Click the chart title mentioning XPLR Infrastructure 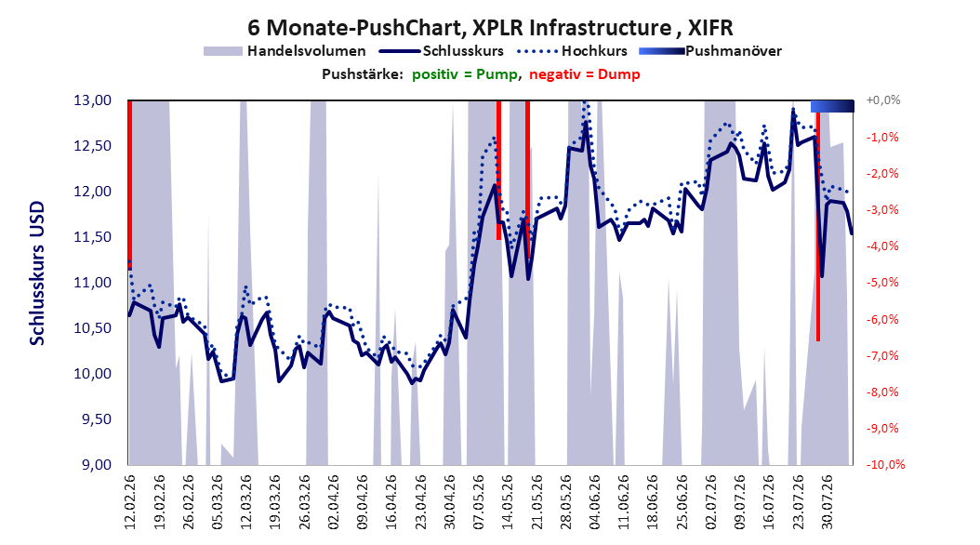[x=490, y=28]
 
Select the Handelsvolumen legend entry [x=285, y=51]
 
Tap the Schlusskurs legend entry [x=442, y=51]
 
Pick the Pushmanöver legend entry [x=710, y=51]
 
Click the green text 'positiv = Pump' [x=464, y=74]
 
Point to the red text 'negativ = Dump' [x=585, y=74]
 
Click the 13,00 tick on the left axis [x=92, y=100]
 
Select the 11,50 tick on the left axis [x=92, y=237]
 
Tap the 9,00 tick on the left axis [x=97, y=464]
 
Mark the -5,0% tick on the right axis [x=882, y=283]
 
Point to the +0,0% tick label [x=883, y=100]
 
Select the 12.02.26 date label [x=130, y=502]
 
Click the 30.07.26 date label [x=828, y=502]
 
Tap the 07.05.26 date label [x=479, y=502]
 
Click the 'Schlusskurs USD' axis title [x=37, y=272]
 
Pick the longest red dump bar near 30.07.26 [x=818, y=226]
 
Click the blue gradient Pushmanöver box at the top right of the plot [x=832, y=106]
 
